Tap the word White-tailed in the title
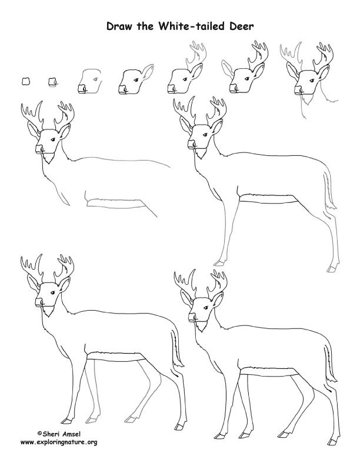click(192, 26)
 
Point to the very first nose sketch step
click(25, 81)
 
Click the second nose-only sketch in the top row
click(52, 82)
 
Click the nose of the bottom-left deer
click(39, 302)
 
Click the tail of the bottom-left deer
click(178, 351)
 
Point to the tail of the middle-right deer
click(329, 190)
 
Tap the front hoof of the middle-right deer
click(219, 263)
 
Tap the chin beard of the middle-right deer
click(202, 154)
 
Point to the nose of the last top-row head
click(298, 90)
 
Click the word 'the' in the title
click(145, 26)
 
